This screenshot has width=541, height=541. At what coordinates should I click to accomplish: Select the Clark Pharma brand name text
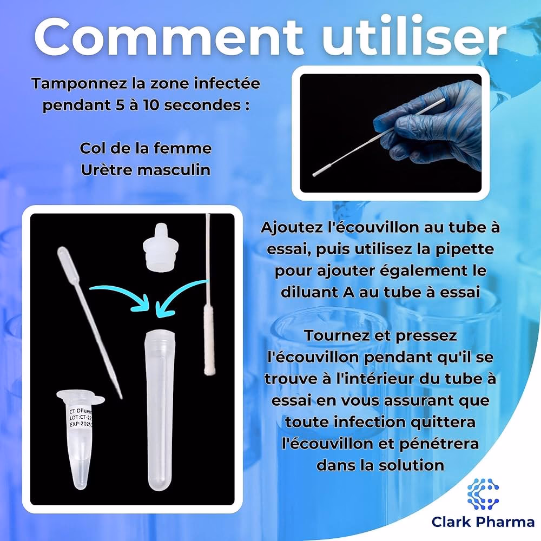coord(483,522)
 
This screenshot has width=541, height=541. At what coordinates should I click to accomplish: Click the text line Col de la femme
coord(145,148)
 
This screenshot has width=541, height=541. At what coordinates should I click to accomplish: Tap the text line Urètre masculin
coord(145,169)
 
